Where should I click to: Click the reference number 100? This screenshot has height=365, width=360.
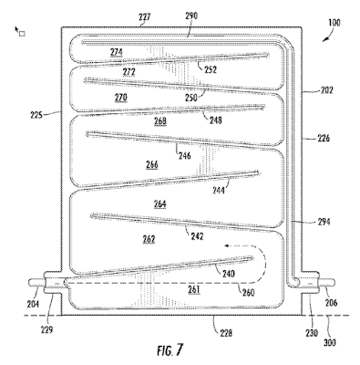tap(334, 23)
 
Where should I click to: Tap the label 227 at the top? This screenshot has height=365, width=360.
tap(145, 16)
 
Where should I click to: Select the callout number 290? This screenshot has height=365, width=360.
tap(191, 16)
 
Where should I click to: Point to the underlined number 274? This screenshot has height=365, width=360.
tap(117, 52)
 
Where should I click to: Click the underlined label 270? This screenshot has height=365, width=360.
tap(121, 98)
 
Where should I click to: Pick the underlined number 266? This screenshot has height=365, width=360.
tap(152, 165)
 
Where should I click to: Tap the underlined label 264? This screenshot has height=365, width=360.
tap(159, 203)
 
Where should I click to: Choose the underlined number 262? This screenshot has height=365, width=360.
tap(149, 239)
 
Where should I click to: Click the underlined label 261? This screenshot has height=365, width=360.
tap(194, 289)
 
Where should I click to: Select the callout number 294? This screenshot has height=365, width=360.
tap(324, 222)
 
